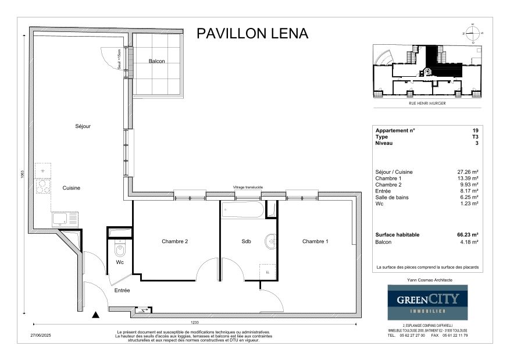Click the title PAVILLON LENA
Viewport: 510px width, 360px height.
pyautogui.click(x=252, y=33)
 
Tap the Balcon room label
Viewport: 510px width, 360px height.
pyautogui.click(x=156, y=61)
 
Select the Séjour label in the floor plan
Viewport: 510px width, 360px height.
pyautogui.click(x=83, y=126)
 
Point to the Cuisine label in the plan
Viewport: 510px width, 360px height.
pyautogui.click(x=72, y=188)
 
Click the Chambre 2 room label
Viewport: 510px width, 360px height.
pyautogui.click(x=174, y=241)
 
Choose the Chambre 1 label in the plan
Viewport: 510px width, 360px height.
pyautogui.click(x=315, y=241)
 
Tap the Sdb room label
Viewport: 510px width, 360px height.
pyautogui.click(x=246, y=241)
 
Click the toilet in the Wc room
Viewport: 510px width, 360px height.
pyautogui.click(x=120, y=250)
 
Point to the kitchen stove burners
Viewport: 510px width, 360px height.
pyautogui.click(x=42, y=187)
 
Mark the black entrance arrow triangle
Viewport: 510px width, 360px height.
pyautogui.click(x=96, y=315)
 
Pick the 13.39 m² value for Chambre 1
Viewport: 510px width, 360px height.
pyautogui.click(x=468, y=178)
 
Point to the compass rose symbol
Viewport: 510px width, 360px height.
pyautogui.click(x=473, y=33)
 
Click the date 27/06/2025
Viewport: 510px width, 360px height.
pyautogui.click(x=41, y=335)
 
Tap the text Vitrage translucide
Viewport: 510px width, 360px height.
pyautogui.click(x=248, y=187)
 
